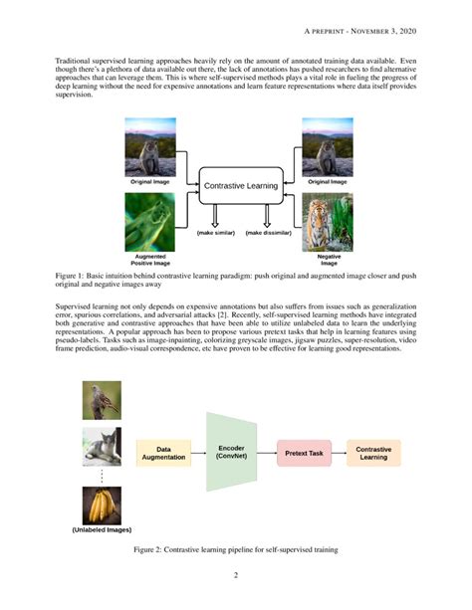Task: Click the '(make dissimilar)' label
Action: coord(269,233)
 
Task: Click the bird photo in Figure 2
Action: coord(102,399)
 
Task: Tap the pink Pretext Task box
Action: coord(302,454)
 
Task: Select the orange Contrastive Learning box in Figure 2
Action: coord(373,454)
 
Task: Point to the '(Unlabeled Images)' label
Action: coord(102,530)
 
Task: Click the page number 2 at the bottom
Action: coord(236,575)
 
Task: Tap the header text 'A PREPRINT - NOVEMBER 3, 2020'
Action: coord(359,32)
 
